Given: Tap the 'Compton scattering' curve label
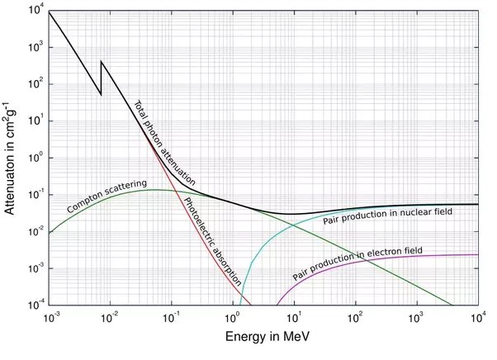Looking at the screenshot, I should click(x=107, y=196).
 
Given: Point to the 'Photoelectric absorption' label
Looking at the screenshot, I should click(x=213, y=240).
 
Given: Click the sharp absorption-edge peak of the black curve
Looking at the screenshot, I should click(x=102, y=61).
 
